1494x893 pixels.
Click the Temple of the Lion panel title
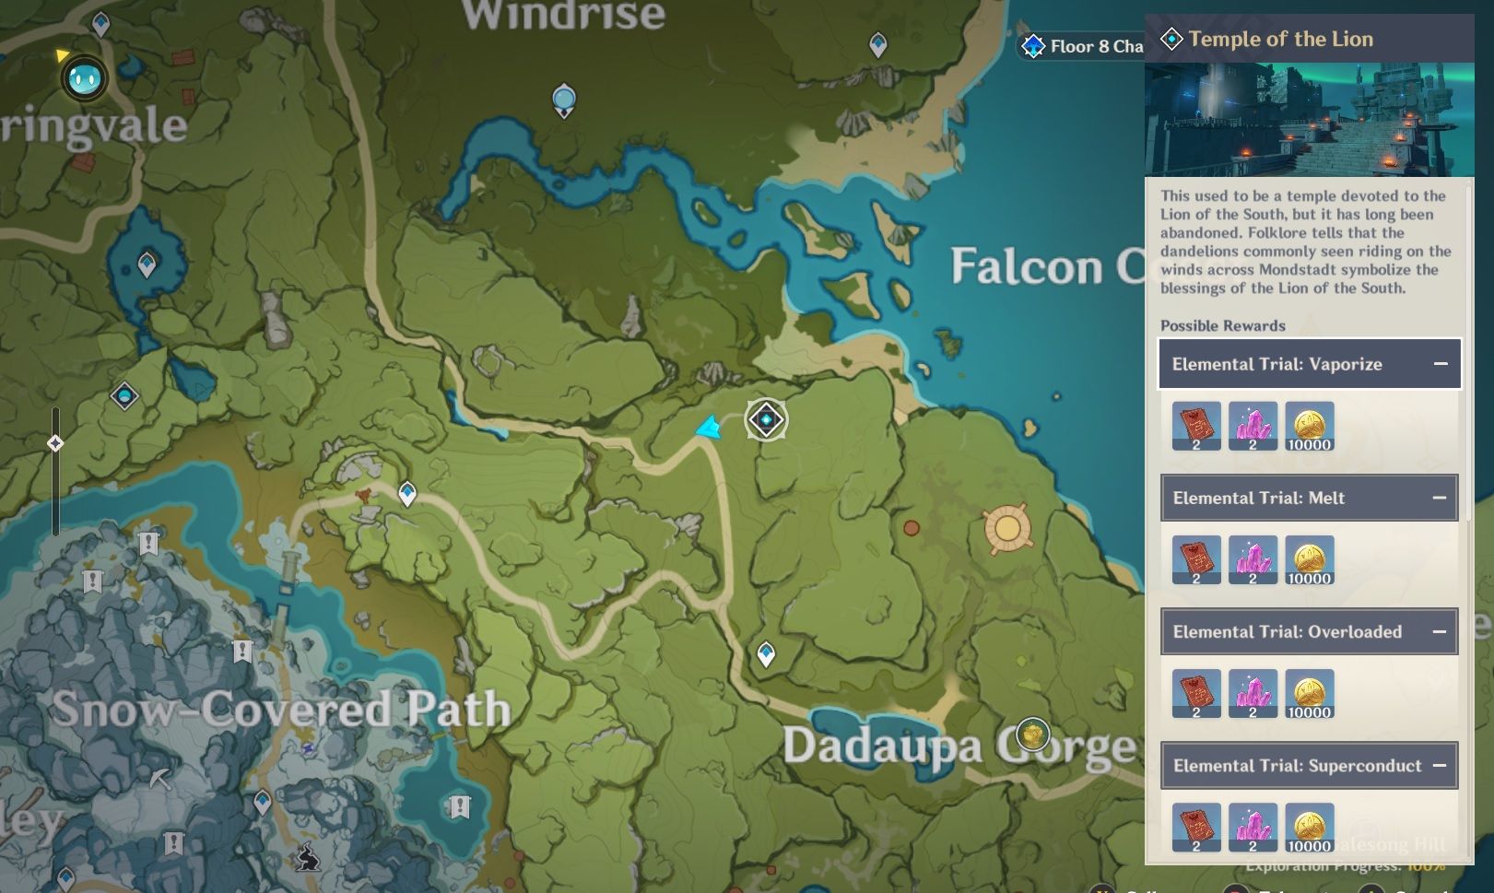pos(1279,39)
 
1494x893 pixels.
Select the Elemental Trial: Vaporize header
pos(1276,364)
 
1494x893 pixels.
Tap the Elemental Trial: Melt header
pos(1259,498)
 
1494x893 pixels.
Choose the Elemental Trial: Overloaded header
pos(1287,631)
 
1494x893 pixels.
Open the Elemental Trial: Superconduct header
pos(1297,765)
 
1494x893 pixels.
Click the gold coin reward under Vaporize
pos(1309,426)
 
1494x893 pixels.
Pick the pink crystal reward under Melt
pos(1253,559)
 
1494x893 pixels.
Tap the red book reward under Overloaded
pos(1196,693)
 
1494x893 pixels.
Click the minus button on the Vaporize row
pos(1441,364)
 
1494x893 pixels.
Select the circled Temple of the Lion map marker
pos(766,420)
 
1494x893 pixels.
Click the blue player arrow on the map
pos(708,428)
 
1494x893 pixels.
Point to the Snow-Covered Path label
pos(280,709)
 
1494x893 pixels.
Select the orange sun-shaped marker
pos(1006,529)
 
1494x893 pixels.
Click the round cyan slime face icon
pos(85,79)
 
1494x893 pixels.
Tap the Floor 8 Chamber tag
pos(1083,46)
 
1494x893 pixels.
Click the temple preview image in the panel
pos(1309,119)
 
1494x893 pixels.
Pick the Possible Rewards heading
pos(1222,325)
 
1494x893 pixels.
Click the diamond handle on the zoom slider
pos(55,443)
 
